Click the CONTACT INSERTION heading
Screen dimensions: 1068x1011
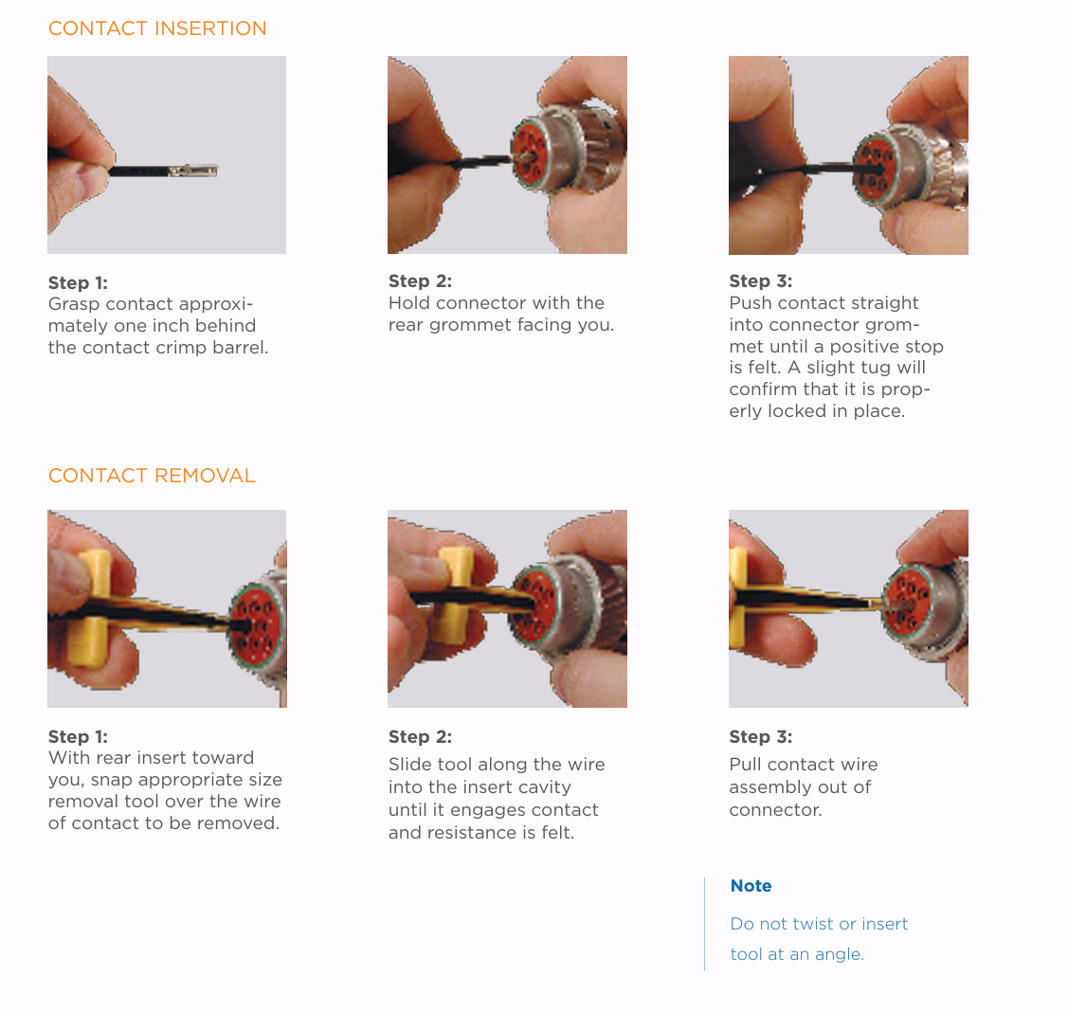pos(157,28)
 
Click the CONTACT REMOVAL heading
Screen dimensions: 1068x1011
pos(152,476)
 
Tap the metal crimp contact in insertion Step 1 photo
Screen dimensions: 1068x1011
pos(193,170)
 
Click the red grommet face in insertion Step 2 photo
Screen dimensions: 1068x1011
pos(529,153)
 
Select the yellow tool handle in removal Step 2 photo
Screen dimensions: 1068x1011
pos(454,594)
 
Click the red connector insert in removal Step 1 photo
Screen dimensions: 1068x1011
pos(256,623)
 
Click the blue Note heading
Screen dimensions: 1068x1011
pos(751,886)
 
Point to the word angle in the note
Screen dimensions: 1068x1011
pos(840,955)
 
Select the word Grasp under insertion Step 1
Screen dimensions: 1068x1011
pos(74,303)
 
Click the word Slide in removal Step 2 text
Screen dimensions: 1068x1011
pos(410,764)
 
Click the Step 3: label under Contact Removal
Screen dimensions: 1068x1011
pos(761,736)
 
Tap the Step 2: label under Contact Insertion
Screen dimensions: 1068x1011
pos(420,281)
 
